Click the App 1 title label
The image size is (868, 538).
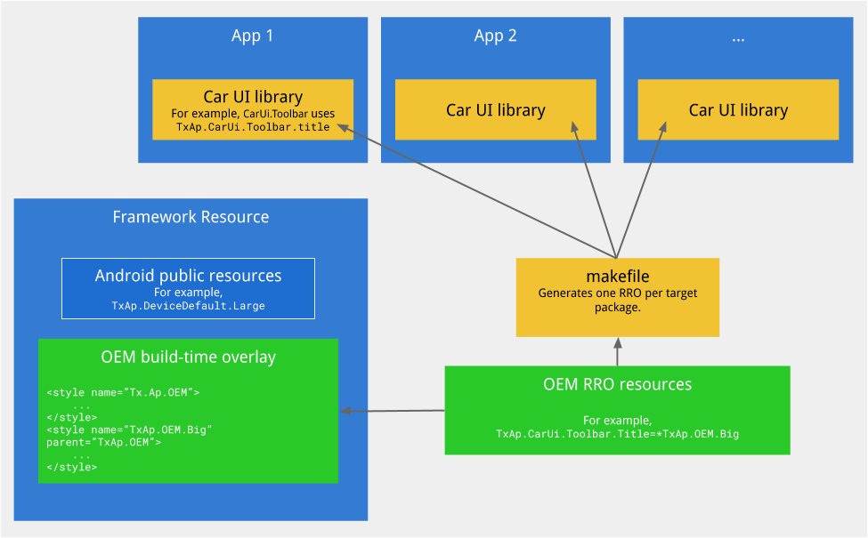tap(252, 36)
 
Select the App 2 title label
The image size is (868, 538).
tap(495, 36)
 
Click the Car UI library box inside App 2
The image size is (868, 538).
tap(495, 110)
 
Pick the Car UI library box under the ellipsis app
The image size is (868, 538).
tap(738, 110)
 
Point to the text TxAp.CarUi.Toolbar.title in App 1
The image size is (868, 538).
tap(253, 127)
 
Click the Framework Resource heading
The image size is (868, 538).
tap(191, 217)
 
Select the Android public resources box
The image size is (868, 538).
tap(188, 288)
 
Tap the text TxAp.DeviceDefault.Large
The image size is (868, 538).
tap(188, 306)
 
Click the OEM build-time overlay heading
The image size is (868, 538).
tap(188, 357)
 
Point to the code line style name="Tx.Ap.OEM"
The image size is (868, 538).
tap(123, 392)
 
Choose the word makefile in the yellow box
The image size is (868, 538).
tap(617, 277)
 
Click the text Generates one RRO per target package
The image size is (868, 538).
tap(617, 300)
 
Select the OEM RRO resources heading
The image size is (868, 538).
tap(617, 385)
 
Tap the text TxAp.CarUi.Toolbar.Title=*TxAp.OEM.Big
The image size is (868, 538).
tap(617, 434)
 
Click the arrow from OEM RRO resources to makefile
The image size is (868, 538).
tap(617, 352)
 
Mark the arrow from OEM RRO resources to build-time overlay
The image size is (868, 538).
tap(392, 411)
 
